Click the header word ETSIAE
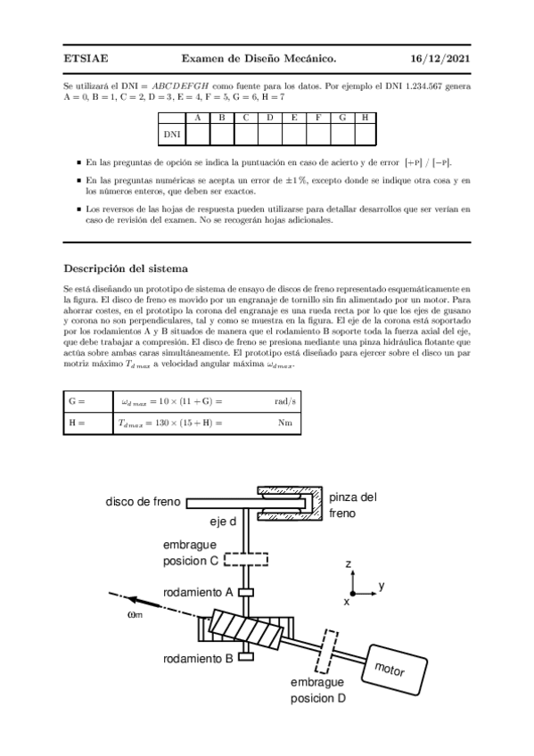[x=86, y=59]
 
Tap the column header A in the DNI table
[x=197, y=118]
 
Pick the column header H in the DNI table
[x=366, y=118]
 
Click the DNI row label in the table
[x=172, y=134]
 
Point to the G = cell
[x=76, y=402]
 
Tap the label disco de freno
[x=144, y=502]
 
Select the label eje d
[x=223, y=522]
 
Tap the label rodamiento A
[x=198, y=592]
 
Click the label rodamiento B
[x=198, y=659]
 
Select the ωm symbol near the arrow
[x=135, y=612]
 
